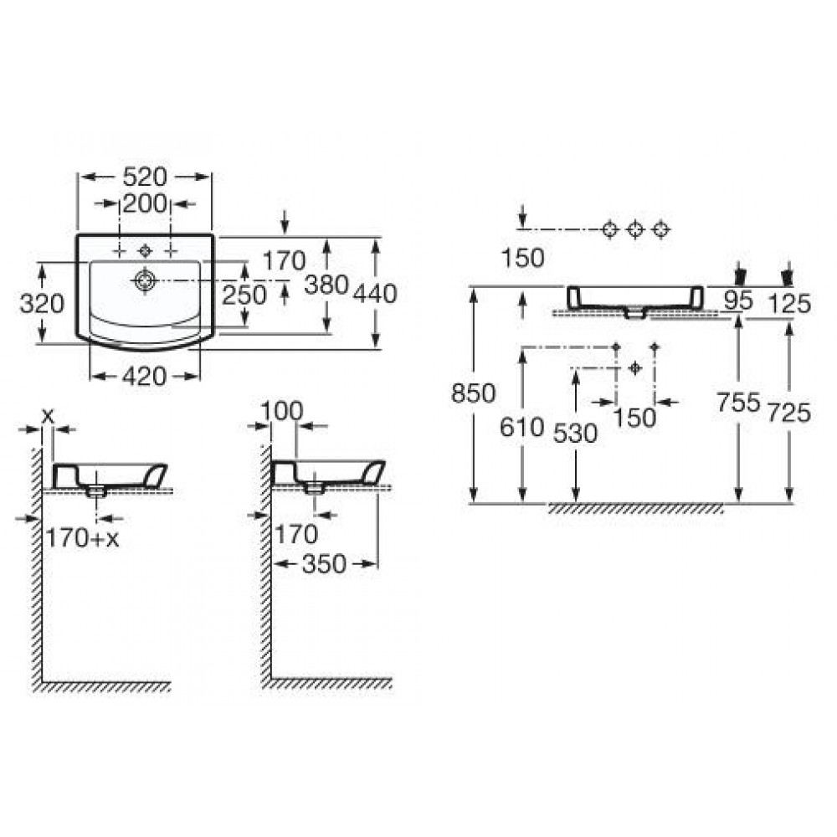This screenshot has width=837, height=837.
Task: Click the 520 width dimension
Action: tap(145, 177)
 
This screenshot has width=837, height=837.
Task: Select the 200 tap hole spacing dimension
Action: tap(145, 203)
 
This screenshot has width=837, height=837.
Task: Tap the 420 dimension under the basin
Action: tap(145, 377)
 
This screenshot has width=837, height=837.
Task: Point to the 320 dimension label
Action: tap(42, 304)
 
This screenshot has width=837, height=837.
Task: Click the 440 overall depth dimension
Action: tap(375, 294)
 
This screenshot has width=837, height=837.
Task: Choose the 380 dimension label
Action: tap(326, 285)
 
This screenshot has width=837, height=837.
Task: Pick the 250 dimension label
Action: tap(244, 295)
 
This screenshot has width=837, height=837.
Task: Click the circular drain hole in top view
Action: tap(145, 280)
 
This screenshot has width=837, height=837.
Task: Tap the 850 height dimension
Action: tap(474, 393)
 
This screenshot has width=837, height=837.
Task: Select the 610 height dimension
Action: tap(521, 427)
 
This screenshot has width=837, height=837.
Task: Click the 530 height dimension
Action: tap(575, 434)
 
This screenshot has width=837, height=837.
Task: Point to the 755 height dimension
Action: tap(738, 402)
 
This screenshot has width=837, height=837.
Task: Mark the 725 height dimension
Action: tap(789, 413)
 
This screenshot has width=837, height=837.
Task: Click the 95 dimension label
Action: tap(738, 301)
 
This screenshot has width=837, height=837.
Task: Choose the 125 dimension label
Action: tap(789, 304)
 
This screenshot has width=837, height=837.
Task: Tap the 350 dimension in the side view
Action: tap(324, 564)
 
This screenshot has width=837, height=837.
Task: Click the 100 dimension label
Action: tap(282, 411)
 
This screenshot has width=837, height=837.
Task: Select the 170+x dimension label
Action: tap(82, 538)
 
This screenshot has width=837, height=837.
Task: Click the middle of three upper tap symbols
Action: tap(634, 229)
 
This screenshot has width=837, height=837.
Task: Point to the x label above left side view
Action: tap(48, 415)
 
